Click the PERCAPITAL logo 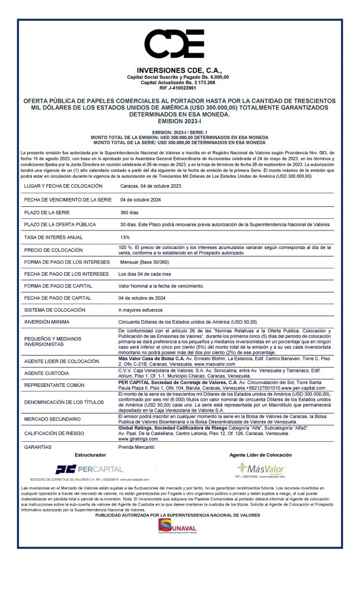[x=89, y=469]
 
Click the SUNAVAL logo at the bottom [x=179, y=528]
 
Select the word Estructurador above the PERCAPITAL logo [x=90, y=455]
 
